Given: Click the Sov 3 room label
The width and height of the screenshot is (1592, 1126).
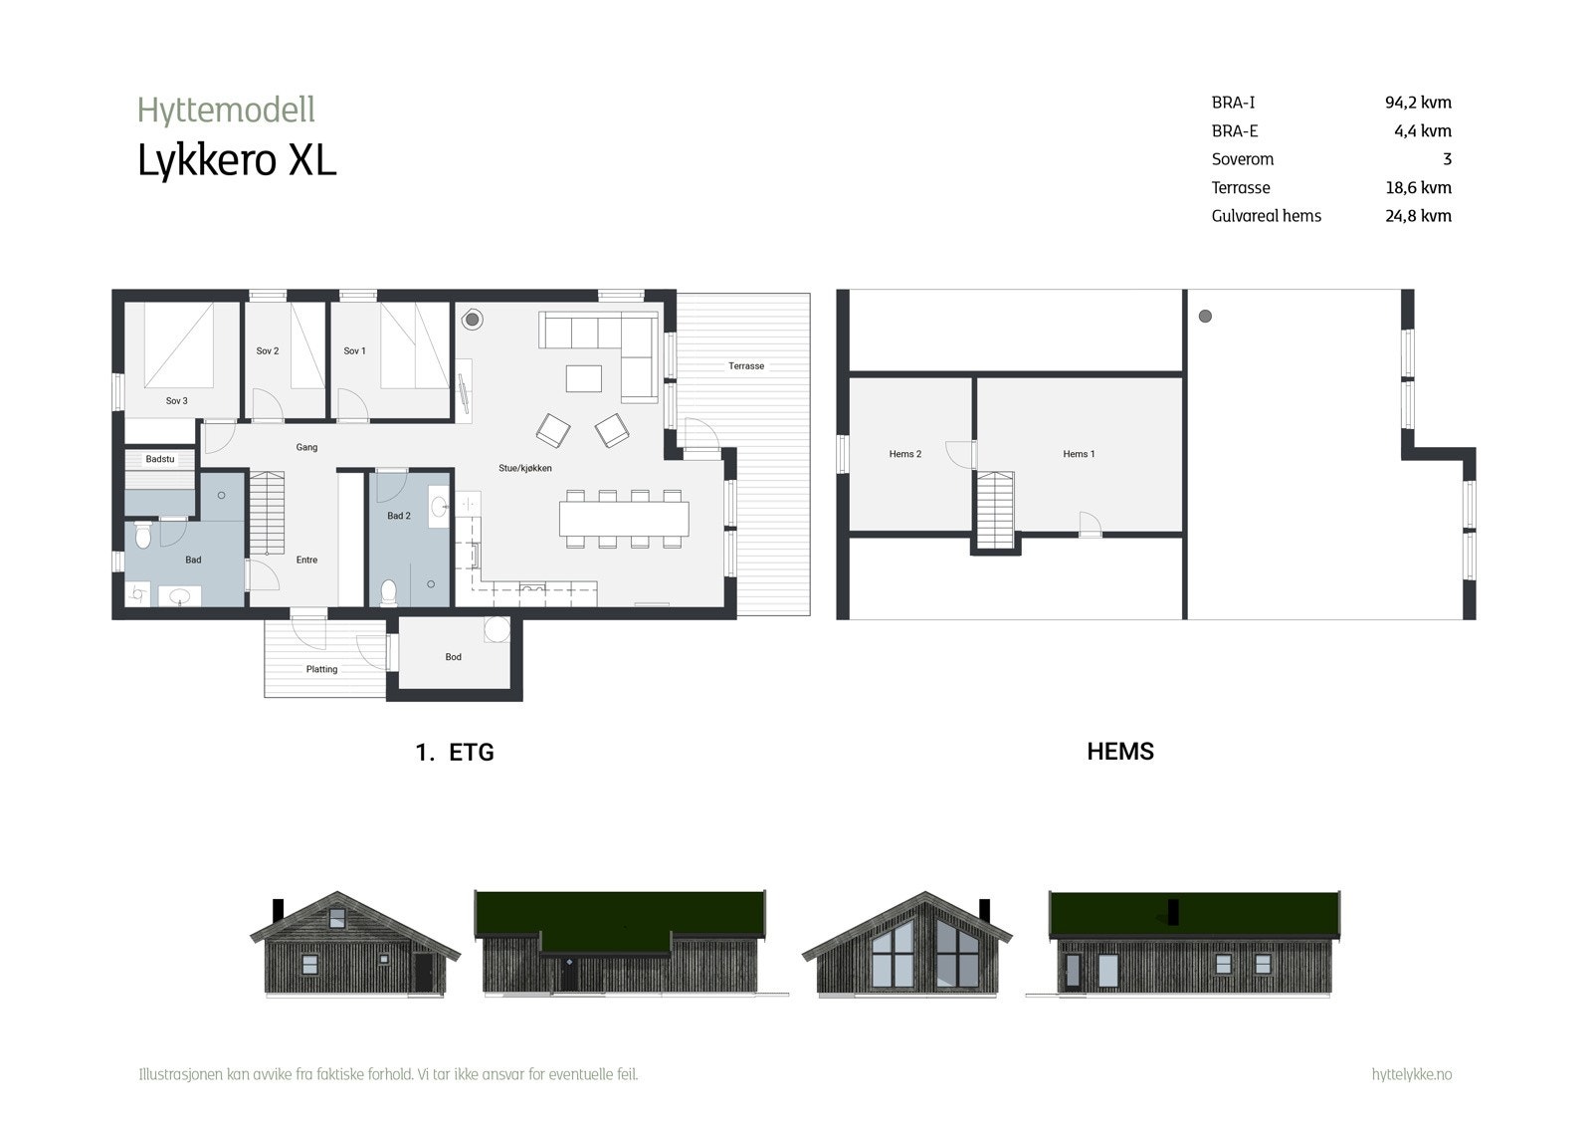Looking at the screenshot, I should (x=176, y=401).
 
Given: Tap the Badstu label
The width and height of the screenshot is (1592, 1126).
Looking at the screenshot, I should (x=160, y=459).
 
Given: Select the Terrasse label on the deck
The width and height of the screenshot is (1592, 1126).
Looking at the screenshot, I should (x=746, y=366).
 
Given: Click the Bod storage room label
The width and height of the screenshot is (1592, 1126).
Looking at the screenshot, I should (x=454, y=657).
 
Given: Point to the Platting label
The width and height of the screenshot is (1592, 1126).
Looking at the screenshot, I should (x=321, y=669).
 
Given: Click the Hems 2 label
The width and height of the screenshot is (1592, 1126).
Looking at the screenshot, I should (x=905, y=454).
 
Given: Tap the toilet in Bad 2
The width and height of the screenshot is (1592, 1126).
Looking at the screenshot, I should (x=388, y=592).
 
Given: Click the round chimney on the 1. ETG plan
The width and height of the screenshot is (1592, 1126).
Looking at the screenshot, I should (x=473, y=321).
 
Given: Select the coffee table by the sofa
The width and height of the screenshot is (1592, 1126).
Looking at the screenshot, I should (x=584, y=379).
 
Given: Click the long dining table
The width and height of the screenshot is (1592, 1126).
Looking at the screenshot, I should (x=624, y=519).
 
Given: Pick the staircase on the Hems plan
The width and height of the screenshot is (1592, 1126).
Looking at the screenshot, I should (x=996, y=510).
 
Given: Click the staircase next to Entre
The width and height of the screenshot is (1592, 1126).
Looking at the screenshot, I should (x=266, y=513).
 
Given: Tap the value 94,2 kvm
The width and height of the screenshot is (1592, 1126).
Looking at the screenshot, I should (x=1418, y=103).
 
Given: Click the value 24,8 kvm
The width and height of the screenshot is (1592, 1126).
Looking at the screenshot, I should (x=1418, y=216).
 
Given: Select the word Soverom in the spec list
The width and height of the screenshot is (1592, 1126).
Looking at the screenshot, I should (x=1243, y=159).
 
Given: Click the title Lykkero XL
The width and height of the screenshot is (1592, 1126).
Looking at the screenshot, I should (x=237, y=160).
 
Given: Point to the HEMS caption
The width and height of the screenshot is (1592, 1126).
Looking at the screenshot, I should (x=1120, y=752).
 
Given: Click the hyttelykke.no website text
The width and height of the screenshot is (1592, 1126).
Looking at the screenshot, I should (x=1411, y=1074).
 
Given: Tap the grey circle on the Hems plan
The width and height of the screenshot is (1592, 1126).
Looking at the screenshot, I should (x=1206, y=317).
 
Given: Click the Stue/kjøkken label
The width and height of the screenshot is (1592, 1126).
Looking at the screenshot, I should (x=525, y=468).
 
